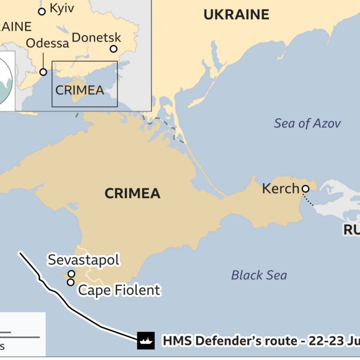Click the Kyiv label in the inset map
point(62,8)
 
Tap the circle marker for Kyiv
point(42,11)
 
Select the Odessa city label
point(48,43)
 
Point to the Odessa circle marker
point(43,72)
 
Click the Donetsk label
point(97,38)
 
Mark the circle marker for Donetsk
point(114,49)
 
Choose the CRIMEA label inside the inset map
point(79,90)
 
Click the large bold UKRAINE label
point(236,15)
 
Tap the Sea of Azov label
point(307,123)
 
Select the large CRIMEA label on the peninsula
point(132,193)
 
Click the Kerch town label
point(280,189)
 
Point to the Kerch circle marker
point(305,189)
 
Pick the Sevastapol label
point(83,260)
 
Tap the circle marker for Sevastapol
point(71,274)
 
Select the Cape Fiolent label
point(119,290)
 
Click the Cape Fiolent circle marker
point(71,282)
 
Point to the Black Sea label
point(259,275)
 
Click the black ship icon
point(146,340)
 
